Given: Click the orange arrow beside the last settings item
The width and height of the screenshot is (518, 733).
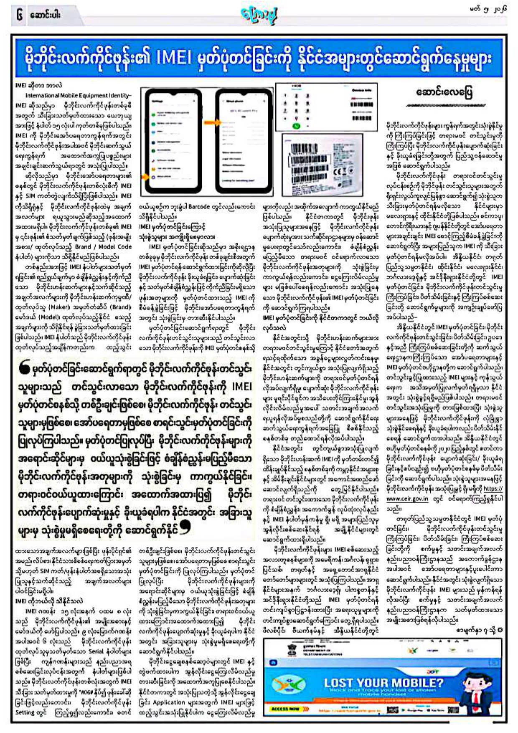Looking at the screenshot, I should (145, 177).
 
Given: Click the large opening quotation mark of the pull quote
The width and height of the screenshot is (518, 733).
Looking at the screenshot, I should (26, 367).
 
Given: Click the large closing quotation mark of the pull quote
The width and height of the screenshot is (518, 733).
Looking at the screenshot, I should (184, 528).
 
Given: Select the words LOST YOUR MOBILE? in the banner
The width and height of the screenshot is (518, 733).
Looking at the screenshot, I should (383, 683).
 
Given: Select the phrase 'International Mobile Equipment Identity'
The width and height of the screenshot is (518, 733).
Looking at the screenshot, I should (78, 95).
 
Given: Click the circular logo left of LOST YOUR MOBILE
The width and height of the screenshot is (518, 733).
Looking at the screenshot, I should (297, 685).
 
